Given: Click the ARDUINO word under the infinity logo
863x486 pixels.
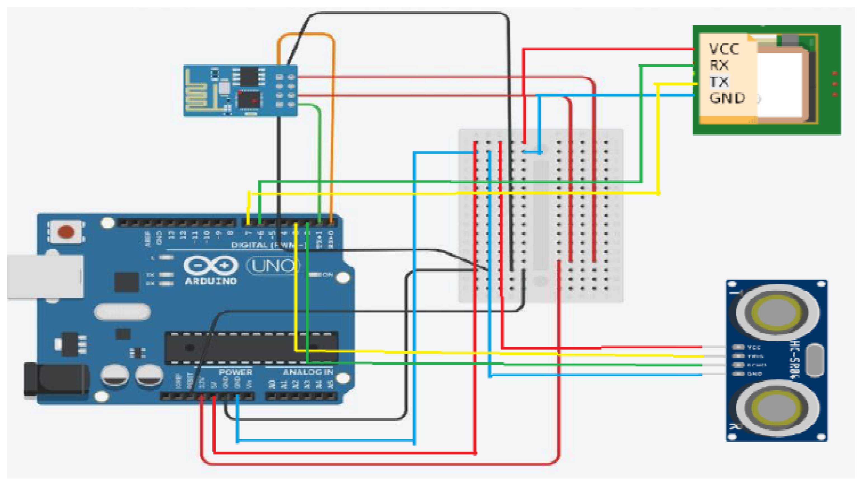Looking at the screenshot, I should pyautogui.click(x=211, y=281).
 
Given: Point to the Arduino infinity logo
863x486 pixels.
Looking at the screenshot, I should pyautogui.click(x=211, y=266).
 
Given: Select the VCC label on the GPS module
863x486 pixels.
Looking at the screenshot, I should pyautogui.click(x=724, y=49).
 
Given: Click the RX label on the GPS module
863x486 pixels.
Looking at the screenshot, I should pyautogui.click(x=719, y=65).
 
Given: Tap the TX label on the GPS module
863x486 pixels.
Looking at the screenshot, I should pyautogui.click(x=719, y=82).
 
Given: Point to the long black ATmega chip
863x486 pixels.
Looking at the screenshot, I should pyautogui.click(x=251, y=348).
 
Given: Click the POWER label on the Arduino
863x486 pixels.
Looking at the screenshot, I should pyautogui.click(x=235, y=372).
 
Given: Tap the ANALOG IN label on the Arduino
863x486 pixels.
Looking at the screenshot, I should pyautogui.click(x=308, y=372).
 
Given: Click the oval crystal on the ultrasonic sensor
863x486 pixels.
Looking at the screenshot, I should pyautogui.click(x=814, y=360).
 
